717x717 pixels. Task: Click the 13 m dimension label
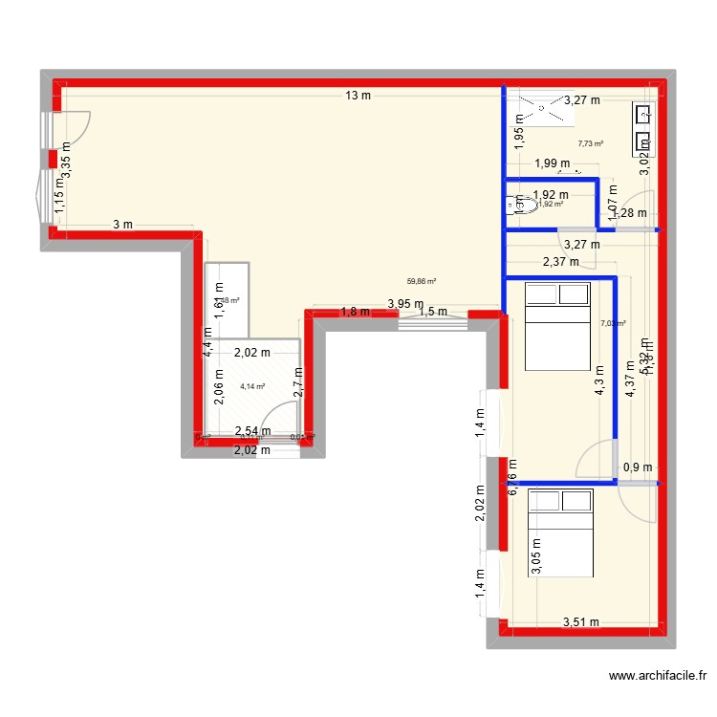(358, 95)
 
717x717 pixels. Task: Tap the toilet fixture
(525, 203)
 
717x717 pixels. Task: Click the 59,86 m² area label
(422, 281)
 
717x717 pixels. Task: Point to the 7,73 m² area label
(591, 144)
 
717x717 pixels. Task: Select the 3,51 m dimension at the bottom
(580, 622)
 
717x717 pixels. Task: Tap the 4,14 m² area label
(252, 386)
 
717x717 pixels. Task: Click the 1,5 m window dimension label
(433, 312)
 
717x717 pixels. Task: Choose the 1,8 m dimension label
(355, 312)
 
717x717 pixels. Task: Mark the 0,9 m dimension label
(638, 467)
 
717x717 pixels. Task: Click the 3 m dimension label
(122, 225)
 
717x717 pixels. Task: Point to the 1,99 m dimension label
(552, 163)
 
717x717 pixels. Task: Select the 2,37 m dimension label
(560, 262)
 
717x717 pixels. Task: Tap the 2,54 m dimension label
(252, 432)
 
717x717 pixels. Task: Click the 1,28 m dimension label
(629, 213)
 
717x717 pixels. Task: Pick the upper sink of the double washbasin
(643, 116)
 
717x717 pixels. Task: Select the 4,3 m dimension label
(598, 382)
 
